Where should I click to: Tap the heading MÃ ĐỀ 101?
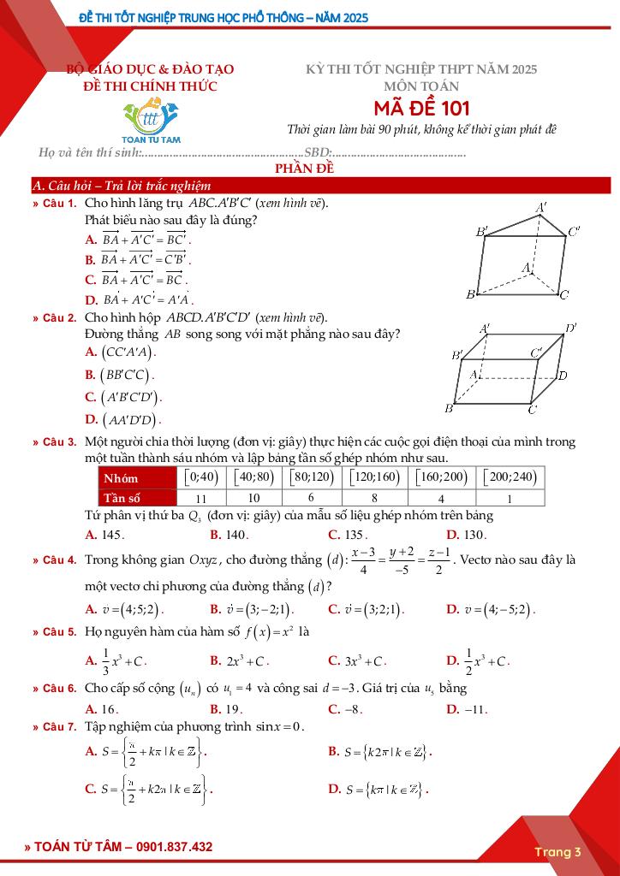pyautogui.click(x=421, y=109)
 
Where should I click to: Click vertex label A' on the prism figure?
pyautogui.click(x=541, y=208)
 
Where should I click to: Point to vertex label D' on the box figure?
pyautogui.click(x=570, y=328)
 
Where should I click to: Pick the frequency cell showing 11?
pyautogui.click(x=201, y=498)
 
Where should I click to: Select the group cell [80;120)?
pyautogui.click(x=313, y=477)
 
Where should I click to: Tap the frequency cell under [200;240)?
pyautogui.click(x=510, y=498)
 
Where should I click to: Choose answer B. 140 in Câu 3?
pyautogui.click(x=229, y=535)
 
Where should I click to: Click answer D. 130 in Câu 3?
pyautogui.click(x=467, y=535)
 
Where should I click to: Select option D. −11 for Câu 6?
pyautogui.click(x=467, y=709)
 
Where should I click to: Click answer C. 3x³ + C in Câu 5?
pyautogui.click(x=358, y=661)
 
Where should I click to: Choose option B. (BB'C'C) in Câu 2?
pyautogui.click(x=120, y=375)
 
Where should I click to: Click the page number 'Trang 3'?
pyautogui.click(x=557, y=851)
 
